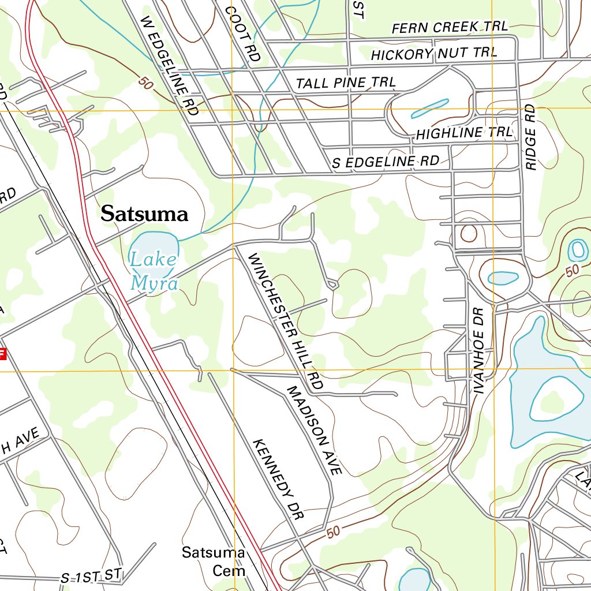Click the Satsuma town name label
(x=144, y=214)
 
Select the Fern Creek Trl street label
(x=450, y=27)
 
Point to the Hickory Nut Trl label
(x=434, y=54)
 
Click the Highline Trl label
(x=464, y=133)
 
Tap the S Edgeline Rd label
(x=386, y=162)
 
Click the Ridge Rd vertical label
(x=531, y=137)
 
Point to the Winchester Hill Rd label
(x=285, y=320)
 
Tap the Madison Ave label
(x=314, y=431)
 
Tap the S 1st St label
(x=92, y=575)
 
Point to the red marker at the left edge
(x=2, y=354)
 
